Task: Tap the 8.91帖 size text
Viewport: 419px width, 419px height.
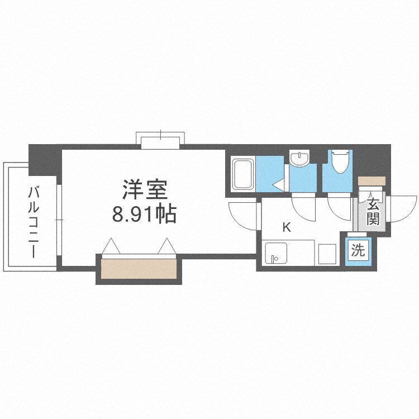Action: coord(145,214)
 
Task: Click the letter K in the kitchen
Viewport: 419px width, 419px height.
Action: coord(287,227)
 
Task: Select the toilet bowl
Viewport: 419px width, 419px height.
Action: coord(339,163)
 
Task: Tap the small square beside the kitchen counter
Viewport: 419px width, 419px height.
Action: coord(327,254)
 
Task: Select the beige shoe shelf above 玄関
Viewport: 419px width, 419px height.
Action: coord(372,181)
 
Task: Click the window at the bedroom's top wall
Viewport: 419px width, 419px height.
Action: coord(161,140)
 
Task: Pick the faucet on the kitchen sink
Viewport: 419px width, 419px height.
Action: coord(273,258)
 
